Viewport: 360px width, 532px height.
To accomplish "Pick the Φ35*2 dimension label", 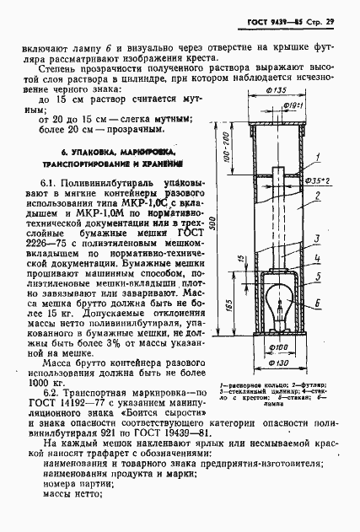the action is click(314, 180).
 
